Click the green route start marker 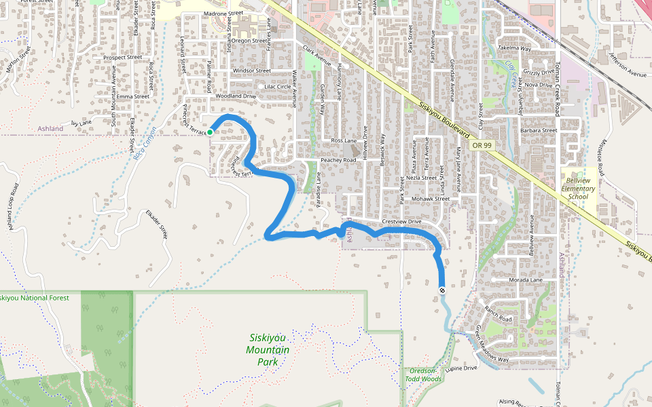click(x=211, y=132)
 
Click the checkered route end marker click(x=442, y=291)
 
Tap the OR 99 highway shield click(x=482, y=145)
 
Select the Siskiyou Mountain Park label click(x=268, y=349)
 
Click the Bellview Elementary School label click(x=578, y=184)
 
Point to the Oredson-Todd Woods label click(x=424, y=374)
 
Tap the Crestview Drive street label click(x=402, y=222)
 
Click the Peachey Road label click(x=338, y=160)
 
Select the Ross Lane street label click(x=344, y=140)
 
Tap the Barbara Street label click(x=539, y=130)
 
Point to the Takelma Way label click(x=514, y=49)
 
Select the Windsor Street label click(x=251, y=71)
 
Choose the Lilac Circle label click(x=277, y=87)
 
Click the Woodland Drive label click(x=236, y=96)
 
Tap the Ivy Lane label click(x=81, y=123)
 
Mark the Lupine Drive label click(x=462, y=368)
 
